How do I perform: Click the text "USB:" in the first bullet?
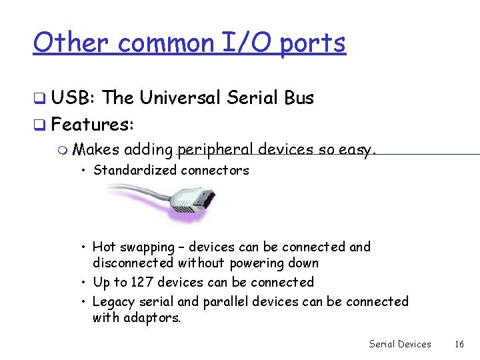[x=73, y=98]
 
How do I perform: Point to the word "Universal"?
[x=180, y=98]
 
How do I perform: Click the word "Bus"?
[x=299, y=98]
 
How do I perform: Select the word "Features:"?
[x=93, y=124]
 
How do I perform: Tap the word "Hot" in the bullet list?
[x=105, y=247]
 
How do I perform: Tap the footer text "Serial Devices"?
[x=400, y=344]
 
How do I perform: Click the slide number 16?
[x=459, y=344]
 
